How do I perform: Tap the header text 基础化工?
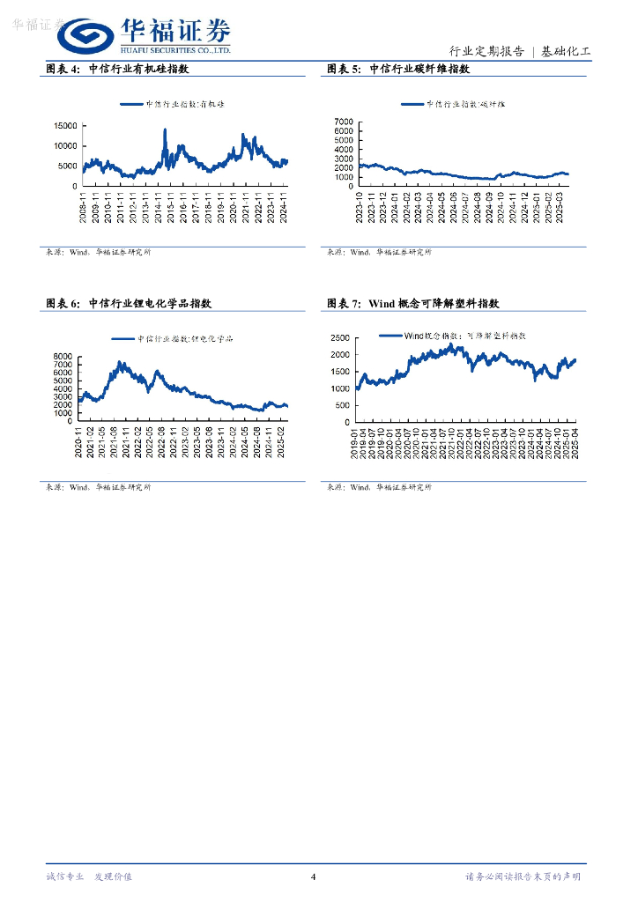pyautogui.click(x=566, y=51)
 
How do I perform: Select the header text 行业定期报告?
pyautogui.click(x=486, y=51)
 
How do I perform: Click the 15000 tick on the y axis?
pyautogui.click(x=65, y=127)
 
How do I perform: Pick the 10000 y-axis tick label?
pyautogui.click(x=65, y=146)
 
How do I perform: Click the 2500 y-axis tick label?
pyautogui.click(x=339, y=338)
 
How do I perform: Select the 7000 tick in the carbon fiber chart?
pyautogui.click(x=343, y=121)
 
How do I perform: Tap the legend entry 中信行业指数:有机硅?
pyautogui.click(x=174, y=104)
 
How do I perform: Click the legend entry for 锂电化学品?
pyautogui.click(x=172, y=339)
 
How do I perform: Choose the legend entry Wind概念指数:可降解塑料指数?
pyautogui.click(x=453, y=336)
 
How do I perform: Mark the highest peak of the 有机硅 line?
pyautogui.click(x=165, y=130)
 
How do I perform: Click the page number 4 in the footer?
pyautogui.click(x=313, y=876)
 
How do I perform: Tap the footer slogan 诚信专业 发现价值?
pyautogui.click(x=89, y=876)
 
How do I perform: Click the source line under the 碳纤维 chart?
pyautogui.click(x=379, y=252)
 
